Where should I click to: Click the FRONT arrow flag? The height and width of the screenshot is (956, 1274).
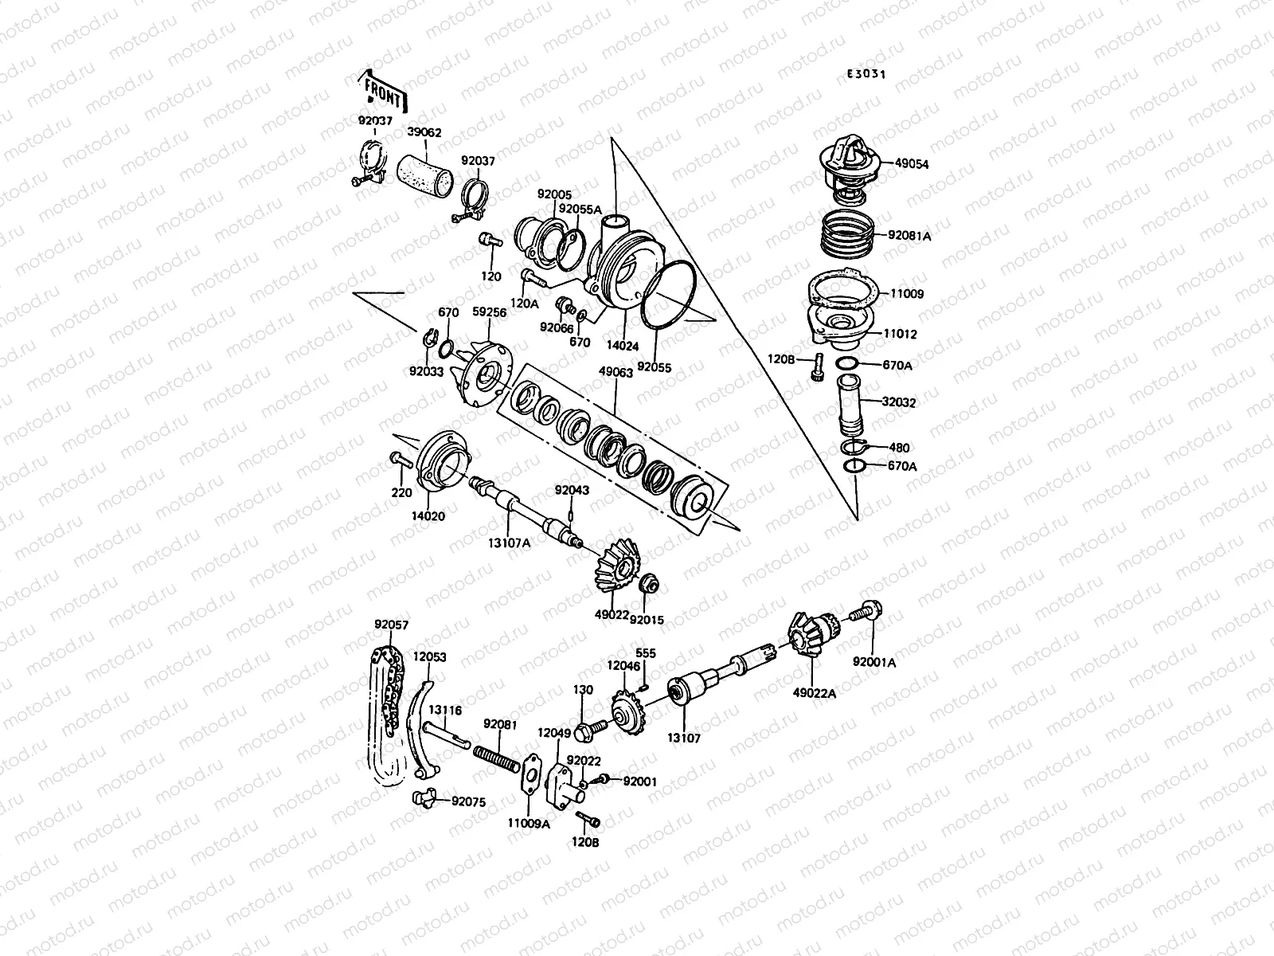tap(385, 92)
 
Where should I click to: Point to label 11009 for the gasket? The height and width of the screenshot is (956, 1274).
tap(907, 294)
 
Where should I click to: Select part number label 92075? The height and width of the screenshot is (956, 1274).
tap(470, 801)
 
